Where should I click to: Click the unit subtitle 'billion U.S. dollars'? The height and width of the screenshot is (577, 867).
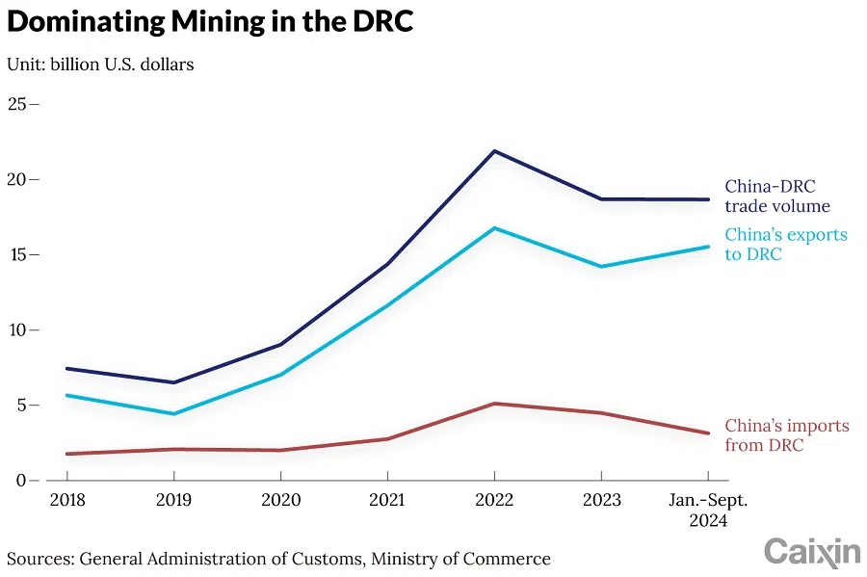point(127,65)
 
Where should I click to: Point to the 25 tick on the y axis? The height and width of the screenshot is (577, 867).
point(18,103)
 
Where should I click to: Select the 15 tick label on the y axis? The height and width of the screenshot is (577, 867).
point(18,254)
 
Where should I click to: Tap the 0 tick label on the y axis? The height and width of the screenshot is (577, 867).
point(22,480)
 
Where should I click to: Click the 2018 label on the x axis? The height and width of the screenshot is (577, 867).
point(66,501)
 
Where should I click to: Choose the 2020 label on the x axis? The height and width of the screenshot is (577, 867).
point(280,501)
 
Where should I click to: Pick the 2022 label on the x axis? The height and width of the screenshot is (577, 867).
point(494,501)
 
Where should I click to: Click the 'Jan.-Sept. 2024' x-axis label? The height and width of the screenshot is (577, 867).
point(708,511)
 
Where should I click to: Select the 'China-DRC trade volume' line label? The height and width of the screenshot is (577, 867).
point(776,196)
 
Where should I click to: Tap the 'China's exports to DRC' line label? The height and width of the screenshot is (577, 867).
point(785,245)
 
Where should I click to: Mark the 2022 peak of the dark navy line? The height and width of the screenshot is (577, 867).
point(494,151)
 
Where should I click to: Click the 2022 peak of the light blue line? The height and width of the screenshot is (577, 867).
point(494,228)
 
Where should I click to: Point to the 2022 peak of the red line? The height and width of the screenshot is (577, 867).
point(494,404)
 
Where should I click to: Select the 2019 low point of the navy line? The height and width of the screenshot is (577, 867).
point(173,382)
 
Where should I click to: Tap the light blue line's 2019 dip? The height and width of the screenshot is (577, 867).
point(173,414)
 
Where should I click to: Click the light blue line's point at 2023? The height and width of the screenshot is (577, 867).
point(601,267)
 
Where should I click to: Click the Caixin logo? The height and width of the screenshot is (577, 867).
point(811,552)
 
